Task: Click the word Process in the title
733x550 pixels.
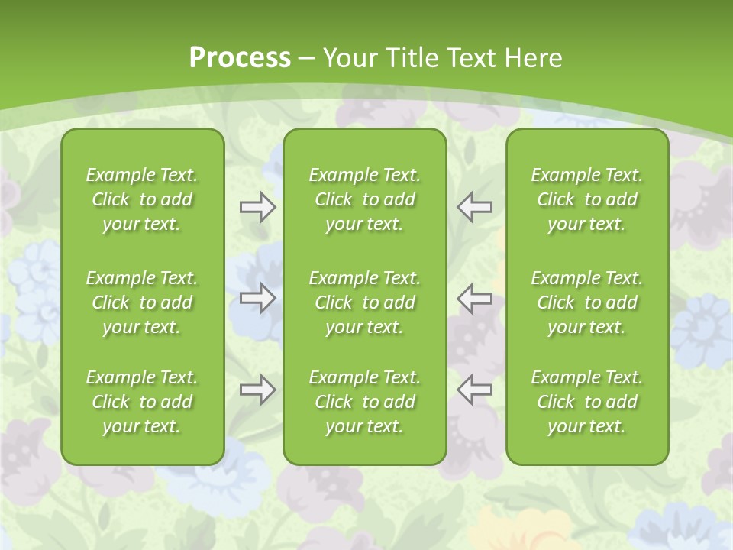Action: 240,58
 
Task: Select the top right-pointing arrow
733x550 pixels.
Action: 258,207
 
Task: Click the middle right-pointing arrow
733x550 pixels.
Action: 258,298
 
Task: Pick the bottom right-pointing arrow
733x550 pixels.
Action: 258,390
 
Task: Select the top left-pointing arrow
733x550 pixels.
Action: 474,207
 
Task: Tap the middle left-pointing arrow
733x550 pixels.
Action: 474,298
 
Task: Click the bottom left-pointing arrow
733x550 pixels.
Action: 474,390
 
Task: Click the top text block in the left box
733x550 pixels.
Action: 142,199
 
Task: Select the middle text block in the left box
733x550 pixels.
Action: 142,302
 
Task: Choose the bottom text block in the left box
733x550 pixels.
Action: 142,402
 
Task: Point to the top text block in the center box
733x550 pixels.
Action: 364,199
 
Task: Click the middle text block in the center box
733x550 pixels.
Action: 364,302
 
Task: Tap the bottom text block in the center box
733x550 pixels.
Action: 364,402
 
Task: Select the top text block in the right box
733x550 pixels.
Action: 587,199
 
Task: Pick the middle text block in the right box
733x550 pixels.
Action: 587,302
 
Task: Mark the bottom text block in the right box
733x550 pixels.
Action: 587,402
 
